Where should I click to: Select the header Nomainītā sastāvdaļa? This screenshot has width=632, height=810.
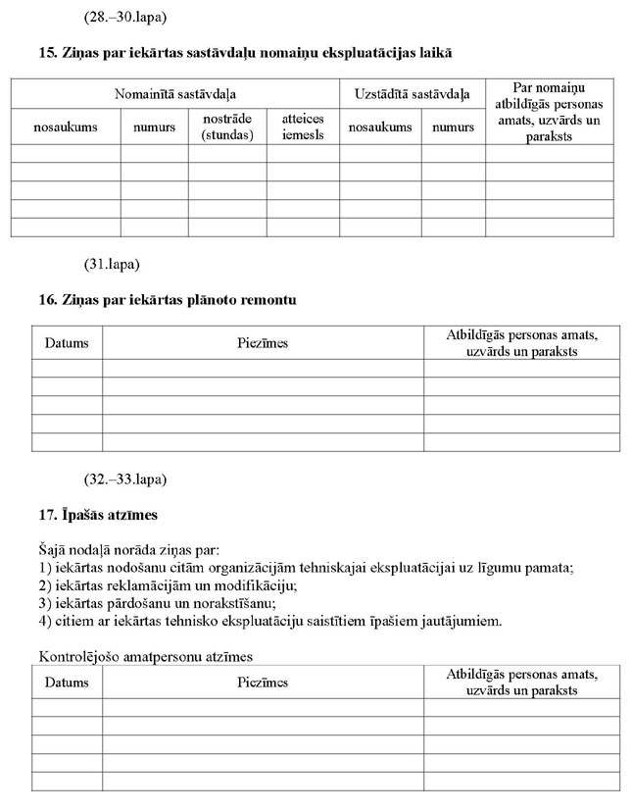(x=175, y=94)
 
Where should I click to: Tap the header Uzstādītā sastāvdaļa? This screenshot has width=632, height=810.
(x=412, y=94)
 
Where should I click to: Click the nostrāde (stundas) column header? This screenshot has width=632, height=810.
(x=227, y=127)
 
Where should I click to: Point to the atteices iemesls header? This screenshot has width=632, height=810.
(x=303, y=127)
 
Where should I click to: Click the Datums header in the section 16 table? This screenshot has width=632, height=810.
(x=67, y=343)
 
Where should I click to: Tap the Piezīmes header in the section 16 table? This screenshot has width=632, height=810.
(x=263, y=343)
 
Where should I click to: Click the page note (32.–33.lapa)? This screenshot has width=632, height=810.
(x=125, y=480)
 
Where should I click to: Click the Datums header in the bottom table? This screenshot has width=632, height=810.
(x=67, y=683)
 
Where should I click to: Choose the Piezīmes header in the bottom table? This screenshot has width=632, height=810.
(x=263, y=683)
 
